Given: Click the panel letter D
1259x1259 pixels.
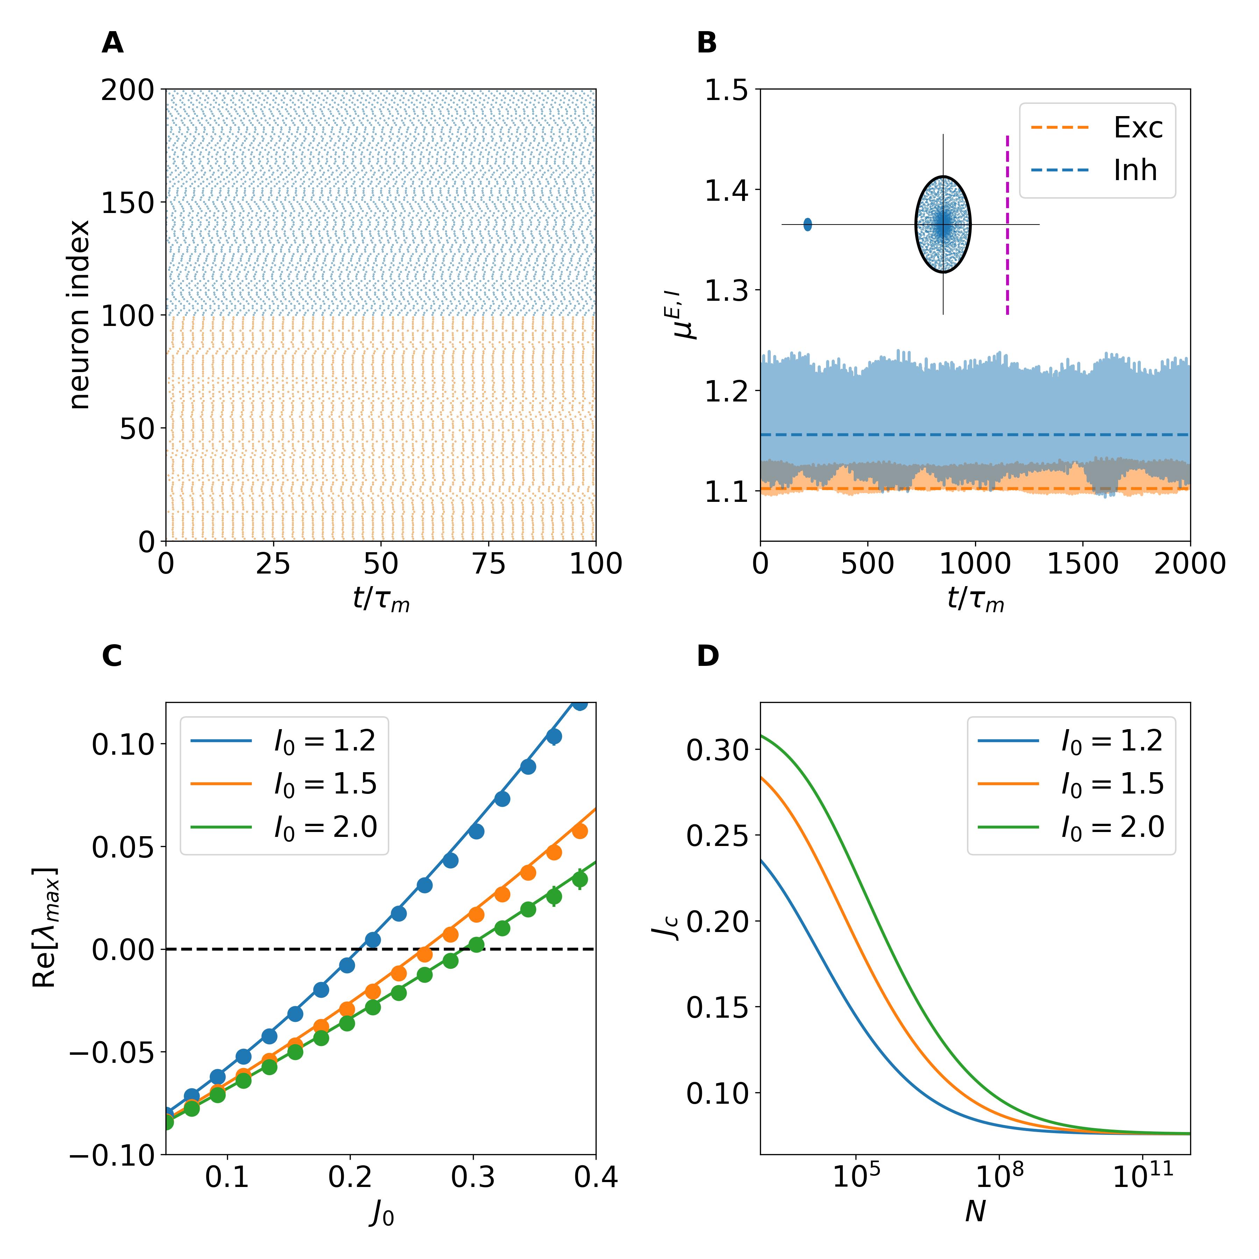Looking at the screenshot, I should click(708, 656).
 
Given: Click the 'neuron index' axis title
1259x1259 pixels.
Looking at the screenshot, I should click(79, 315).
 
